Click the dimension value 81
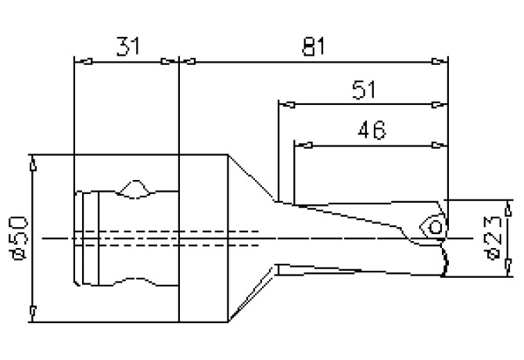click(313, 46)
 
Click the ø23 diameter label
click(492, 237)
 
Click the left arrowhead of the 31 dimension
click(79, 61)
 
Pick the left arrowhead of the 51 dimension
click(285, 103)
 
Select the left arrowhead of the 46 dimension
click(302, 145)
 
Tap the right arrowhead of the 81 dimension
click(443, 61)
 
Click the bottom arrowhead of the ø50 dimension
click(32, 314)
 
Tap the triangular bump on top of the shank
click(135, 189)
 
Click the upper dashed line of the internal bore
click(172, 231)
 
